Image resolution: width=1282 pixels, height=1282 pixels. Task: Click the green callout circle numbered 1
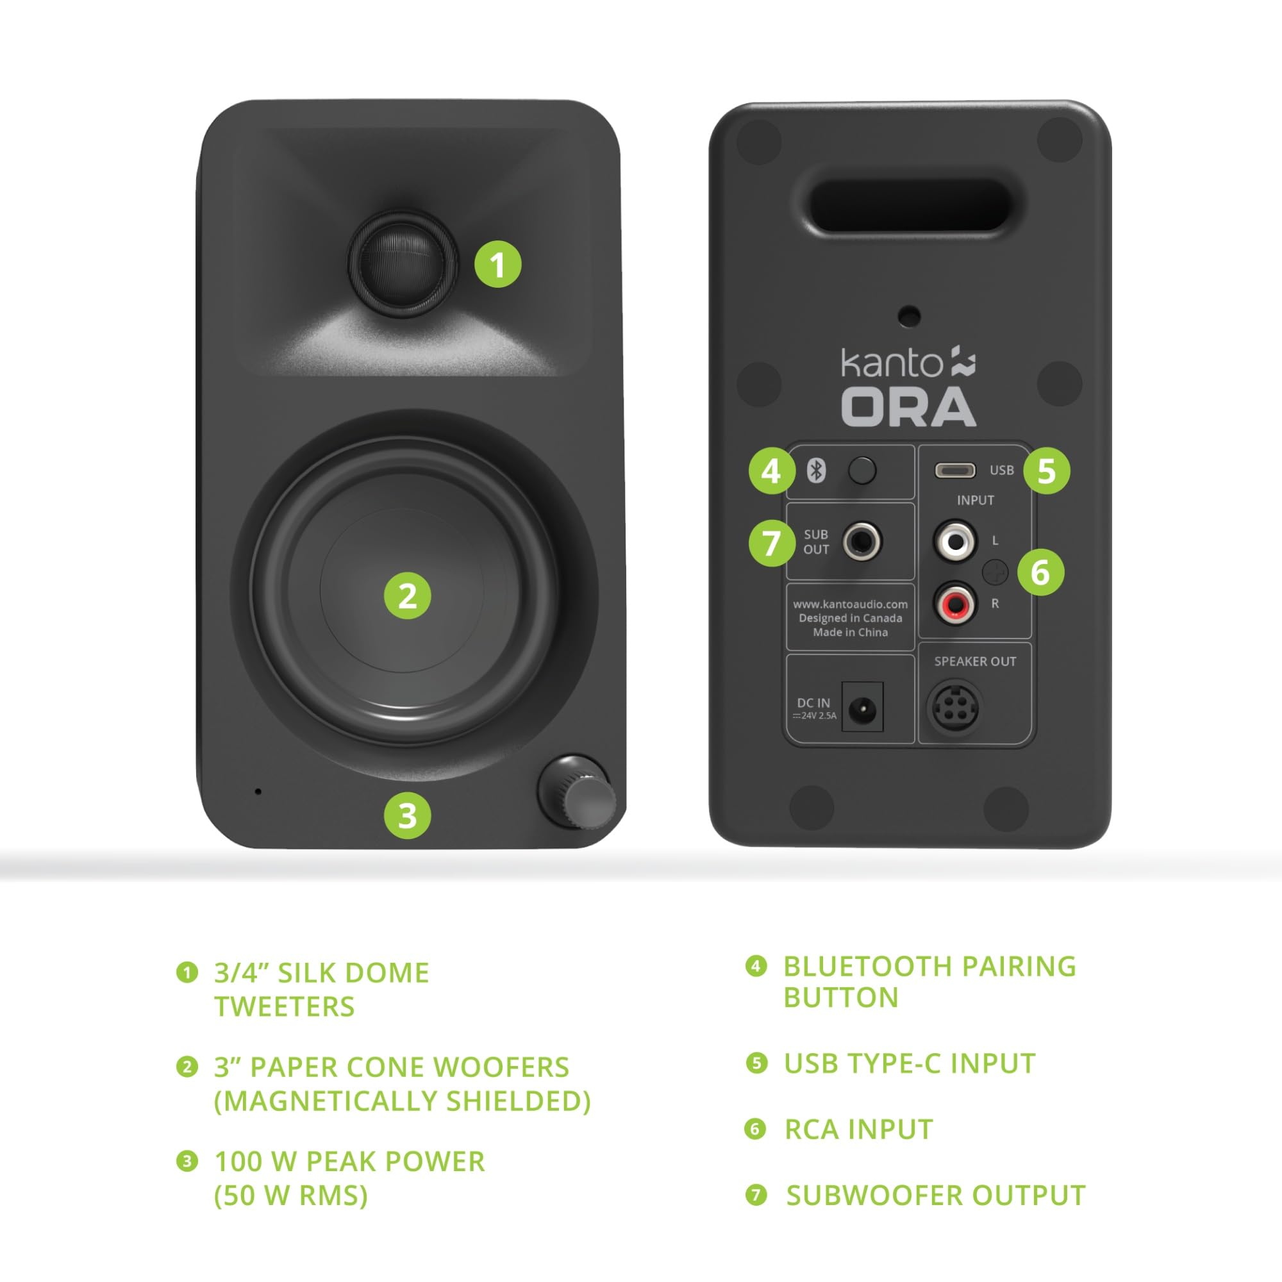497,265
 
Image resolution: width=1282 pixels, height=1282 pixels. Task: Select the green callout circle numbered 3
408,815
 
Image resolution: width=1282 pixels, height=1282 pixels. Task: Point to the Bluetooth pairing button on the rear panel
862,471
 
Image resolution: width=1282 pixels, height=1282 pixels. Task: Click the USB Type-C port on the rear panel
955,470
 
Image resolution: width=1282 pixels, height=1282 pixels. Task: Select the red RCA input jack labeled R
956,604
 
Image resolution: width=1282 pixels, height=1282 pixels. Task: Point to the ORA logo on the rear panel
908,407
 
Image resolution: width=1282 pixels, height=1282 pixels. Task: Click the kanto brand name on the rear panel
891,363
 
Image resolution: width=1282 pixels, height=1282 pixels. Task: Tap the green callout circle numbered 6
1040,572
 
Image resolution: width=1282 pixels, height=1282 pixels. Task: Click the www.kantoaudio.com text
850,604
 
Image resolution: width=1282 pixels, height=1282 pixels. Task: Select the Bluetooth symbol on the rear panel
816,471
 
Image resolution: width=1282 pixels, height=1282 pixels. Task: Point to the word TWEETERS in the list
284,1006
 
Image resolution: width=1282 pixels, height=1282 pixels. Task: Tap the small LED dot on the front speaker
258,792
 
